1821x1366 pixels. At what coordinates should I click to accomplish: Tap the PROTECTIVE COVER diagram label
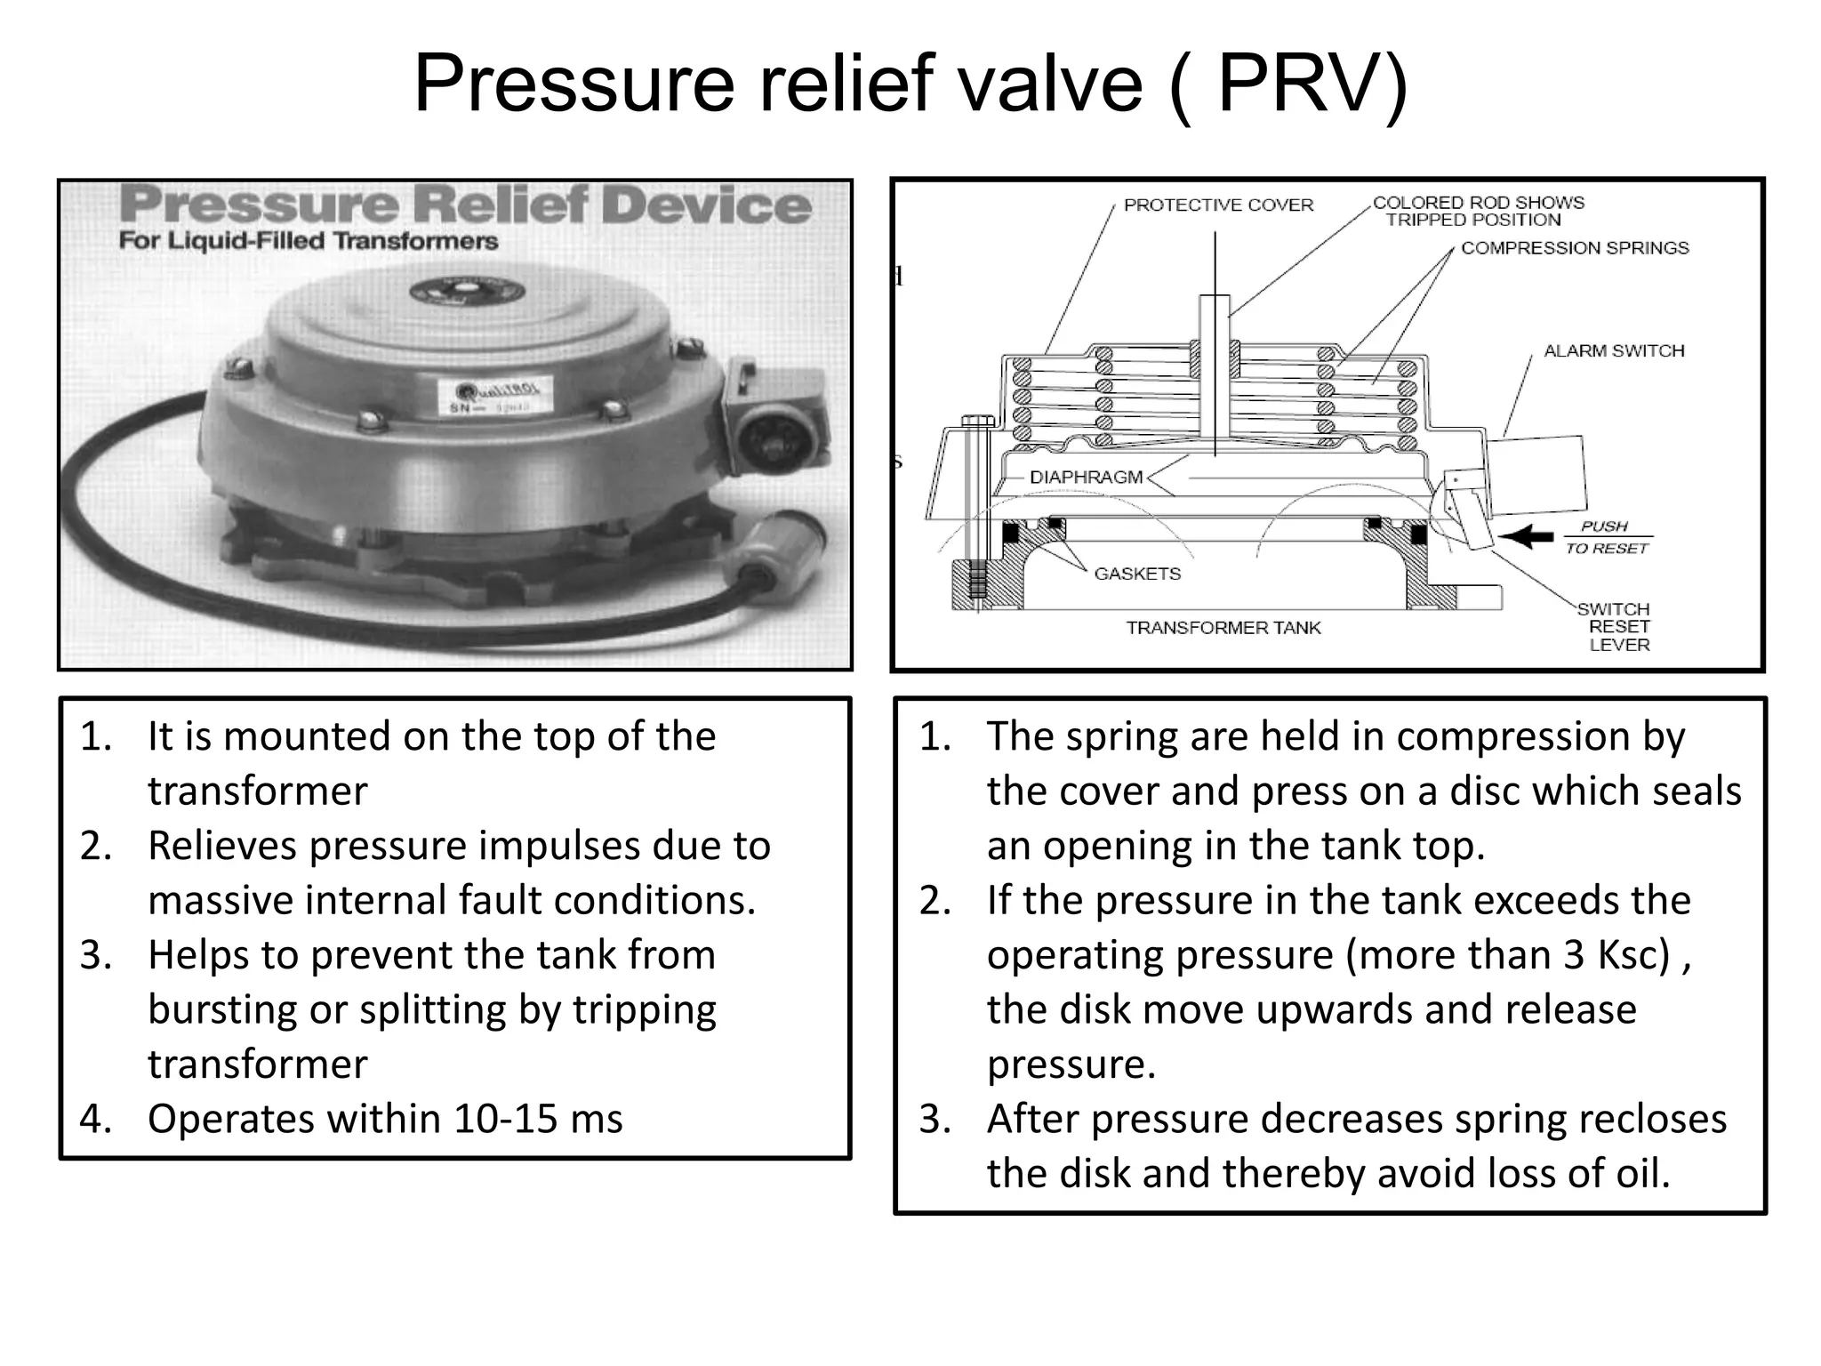pos(1217,205)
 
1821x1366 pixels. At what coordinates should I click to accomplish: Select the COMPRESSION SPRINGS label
pos(1574,248)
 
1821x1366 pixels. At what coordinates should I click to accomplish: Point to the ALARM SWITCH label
pos(1613,351)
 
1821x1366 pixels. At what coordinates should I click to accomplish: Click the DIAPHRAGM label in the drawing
pos(1086,478)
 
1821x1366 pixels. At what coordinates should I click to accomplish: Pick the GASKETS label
pos(1136,575)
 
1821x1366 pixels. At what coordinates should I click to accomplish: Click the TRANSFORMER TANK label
pos(1223,628)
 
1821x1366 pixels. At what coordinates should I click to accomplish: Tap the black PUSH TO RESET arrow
pos(1526,536)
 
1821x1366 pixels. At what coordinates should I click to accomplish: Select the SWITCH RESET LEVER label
pos(1617,627)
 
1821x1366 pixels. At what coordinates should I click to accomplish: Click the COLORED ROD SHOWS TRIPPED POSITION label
pos(1477,212)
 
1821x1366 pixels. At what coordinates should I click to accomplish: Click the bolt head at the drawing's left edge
pos(976,420)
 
